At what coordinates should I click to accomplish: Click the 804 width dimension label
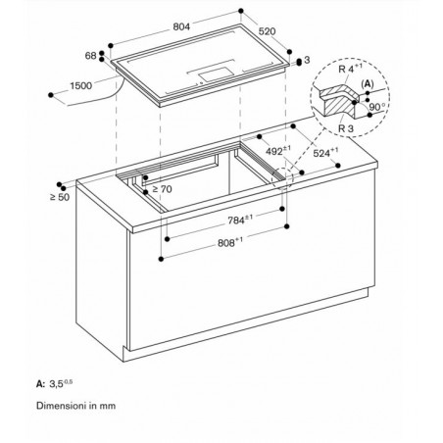(181, 26)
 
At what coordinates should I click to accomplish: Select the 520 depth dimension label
(268, 31)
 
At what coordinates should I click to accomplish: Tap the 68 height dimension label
(90, 56)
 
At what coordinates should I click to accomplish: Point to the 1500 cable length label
(81, 86)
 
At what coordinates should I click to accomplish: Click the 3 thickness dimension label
(307, 60)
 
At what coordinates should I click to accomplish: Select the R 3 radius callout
(346, 128)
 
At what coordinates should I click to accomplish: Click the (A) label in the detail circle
(368, 84)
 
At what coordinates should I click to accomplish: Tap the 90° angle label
(377, 107)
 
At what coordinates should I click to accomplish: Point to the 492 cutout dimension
(278, 151)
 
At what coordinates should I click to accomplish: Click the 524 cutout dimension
(325, 152)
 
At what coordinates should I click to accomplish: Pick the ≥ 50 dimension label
(60, 197)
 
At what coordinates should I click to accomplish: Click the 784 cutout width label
(240, 220)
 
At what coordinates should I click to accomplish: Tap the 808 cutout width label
(230, 242)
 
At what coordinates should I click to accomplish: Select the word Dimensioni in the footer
(62, 406)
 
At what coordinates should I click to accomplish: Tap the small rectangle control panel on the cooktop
(216, 74)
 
